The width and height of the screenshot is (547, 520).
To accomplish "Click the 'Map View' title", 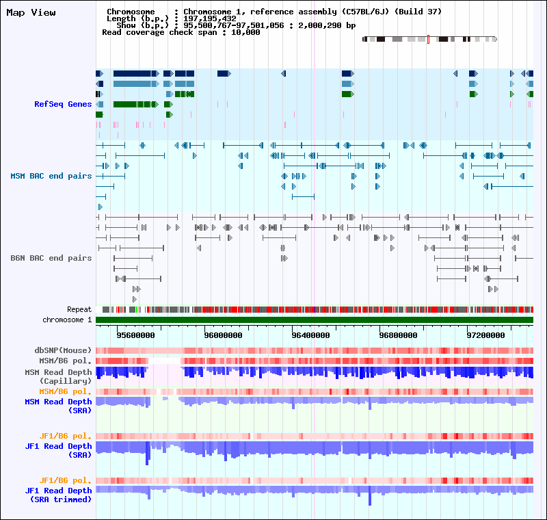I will pyautogui.click(x=31, y=13).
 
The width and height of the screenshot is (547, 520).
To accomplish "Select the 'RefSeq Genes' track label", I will pyautogui.click(x=63, y=104).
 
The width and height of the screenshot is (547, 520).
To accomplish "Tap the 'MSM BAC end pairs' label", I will pyautogui.click(x=51, y=176).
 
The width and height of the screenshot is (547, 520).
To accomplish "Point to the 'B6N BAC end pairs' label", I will pyautogui.click(x=51, y=258).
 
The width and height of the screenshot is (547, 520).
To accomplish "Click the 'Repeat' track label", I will pyautogui.click(x=79, y=309).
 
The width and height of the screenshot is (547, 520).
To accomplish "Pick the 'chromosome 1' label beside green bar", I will pyautogui.click(x=67, y=320).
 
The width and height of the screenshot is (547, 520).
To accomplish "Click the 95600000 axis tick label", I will pyautogui.click(x=135, y=335).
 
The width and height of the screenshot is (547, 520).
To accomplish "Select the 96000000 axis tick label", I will pyautogui.click(x=223, y=335).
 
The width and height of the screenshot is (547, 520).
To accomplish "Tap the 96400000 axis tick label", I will pyautogui.click(x=310, y=335).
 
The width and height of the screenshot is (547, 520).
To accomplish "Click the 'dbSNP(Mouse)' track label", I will pyautogui.click(x=63, y=350).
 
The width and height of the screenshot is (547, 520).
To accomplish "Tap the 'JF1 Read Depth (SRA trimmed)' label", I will pyautogui.click(x=58, y=495).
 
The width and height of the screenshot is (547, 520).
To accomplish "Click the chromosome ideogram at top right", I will pyautogui.click(x=429, y=40).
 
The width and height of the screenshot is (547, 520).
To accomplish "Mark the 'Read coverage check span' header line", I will pyautogui.click(x=181, y=32).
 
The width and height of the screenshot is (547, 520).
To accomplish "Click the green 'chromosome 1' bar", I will pyautogui.click(x=315, y=320).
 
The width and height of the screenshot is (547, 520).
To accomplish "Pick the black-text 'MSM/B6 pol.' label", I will pyautogui.click(x=65, y=360).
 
